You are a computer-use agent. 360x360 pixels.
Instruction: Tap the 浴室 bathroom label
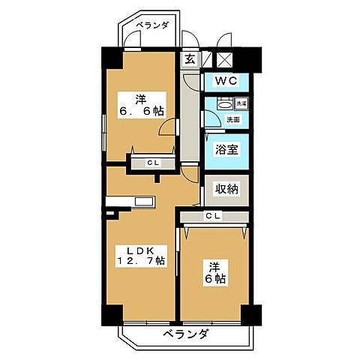(226, 148)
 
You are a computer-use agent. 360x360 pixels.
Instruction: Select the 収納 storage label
(226, 189)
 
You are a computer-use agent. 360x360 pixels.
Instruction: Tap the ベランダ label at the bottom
(184, 334)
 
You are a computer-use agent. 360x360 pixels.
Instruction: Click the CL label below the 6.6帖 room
(152, 161)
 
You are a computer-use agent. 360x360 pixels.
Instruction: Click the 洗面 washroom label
(233, 119)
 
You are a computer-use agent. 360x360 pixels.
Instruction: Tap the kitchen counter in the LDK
(130, 201)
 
